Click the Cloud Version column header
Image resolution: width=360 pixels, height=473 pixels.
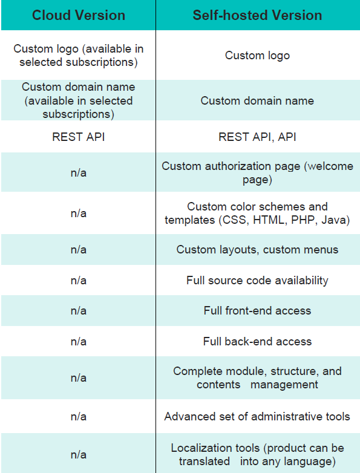click(x=79, y=15)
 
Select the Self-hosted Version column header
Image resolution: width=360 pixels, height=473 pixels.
click(x=257, y=15)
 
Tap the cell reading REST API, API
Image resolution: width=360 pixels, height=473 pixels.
click(x=257, y=137)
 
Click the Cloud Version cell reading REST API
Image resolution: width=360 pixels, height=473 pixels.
click(x=79, y=137)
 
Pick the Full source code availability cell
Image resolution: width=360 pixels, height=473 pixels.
click(x=257, y=281)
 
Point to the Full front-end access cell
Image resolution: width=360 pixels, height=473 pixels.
click(x=257, y=311)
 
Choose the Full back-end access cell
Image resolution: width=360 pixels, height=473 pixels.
click(x=257, y=342)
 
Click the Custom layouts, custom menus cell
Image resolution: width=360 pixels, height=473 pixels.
click(x=257, y=250)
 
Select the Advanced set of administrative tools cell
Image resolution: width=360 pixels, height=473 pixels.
click(x=257, y=417)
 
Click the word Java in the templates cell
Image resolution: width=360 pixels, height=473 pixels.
click(x=333, y=220)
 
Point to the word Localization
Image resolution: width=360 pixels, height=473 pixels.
click(x=215, y=448)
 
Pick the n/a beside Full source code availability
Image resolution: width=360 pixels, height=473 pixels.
click(x=79, y=281)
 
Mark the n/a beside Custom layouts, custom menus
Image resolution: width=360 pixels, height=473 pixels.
click(x=79, y=250)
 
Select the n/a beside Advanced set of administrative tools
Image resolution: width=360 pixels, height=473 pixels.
click(x=79, y=417)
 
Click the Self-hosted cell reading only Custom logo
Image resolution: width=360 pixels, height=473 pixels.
click(x=257, y=56)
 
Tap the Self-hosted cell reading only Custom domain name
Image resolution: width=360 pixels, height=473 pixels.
click(x=257, y=101)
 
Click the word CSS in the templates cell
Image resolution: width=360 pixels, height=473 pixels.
click(x=235, y=220)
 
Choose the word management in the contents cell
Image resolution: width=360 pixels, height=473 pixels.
click(x=284, y=385)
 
